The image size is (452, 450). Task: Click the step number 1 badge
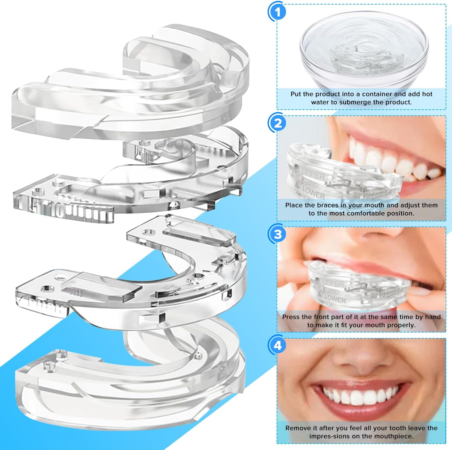point(278,12)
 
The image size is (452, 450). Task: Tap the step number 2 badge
point(278,123)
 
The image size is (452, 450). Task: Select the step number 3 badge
point(278,234)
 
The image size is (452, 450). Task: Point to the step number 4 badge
point(278,345)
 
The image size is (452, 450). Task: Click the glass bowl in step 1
point(364,51)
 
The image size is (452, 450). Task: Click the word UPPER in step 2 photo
point(313,174)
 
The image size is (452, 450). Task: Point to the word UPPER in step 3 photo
point(333,283)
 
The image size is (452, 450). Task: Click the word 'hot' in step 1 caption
point(427,94)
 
